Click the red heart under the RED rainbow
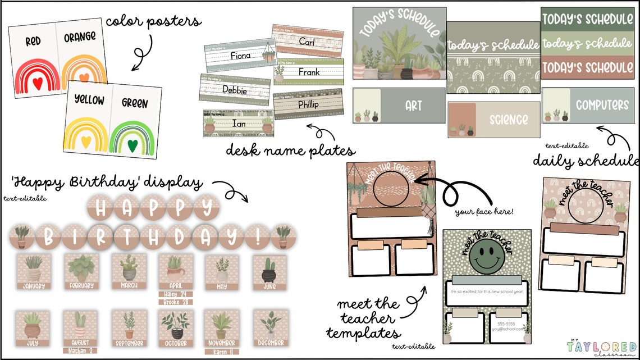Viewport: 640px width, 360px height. pos(38,83)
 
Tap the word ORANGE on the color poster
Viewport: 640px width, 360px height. pos(80,38)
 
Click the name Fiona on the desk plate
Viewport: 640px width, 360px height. pos(240,56)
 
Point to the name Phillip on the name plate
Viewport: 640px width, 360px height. pos(308,104)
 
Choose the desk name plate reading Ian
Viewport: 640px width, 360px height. pos(239,122)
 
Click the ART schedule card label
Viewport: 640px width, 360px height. pos(413,106)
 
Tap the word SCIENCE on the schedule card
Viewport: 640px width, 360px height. pos(508,120)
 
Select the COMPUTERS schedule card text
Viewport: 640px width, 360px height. pos(602,105)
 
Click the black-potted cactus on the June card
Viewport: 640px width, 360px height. pos(268,270)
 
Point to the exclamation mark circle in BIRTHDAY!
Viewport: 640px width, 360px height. pos(257,237)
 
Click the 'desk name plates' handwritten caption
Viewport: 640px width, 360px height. pos(290,151)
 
